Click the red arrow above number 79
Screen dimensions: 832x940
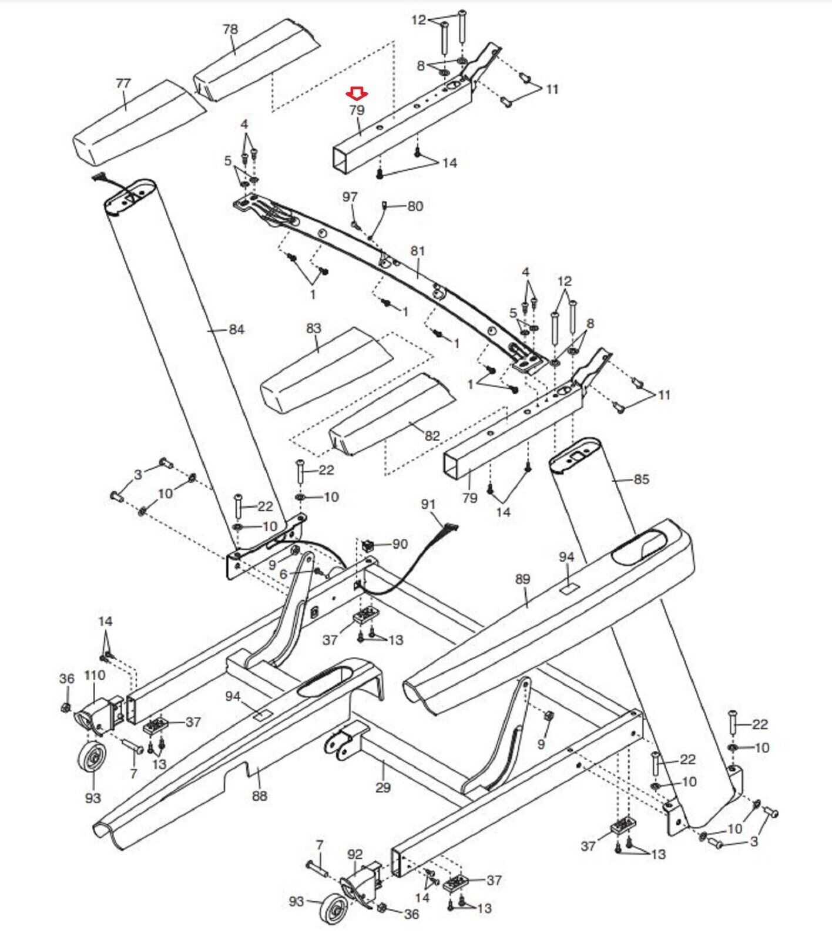click(x=357, y=93)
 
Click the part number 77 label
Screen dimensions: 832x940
click(x=123, y=83)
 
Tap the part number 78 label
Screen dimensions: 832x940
click(x=230, y=29)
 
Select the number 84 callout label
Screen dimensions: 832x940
click(x=236, y=330)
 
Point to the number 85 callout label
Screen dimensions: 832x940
click(x=641, y=479)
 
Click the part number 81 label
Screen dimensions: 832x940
click(x=417, y=251)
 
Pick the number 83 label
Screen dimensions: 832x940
click(x=314, y=328)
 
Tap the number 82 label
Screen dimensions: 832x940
click(x=432, y=436)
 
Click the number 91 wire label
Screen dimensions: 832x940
click(x=429, y=504)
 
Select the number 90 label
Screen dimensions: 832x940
click(x=400, y=544)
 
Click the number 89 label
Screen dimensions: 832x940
click(x=522, y=579)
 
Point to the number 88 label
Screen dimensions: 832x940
click(x=259, y=795)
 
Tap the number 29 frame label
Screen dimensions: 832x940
click(x=383, y=787)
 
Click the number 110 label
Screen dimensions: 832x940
click(x=95, y=675)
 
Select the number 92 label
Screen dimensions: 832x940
click(x=355, y=854)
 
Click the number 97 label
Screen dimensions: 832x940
click(x=350, y=196)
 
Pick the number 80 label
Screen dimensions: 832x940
click(x=415, y=206)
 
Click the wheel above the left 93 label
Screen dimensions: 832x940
click(x=92, y=762)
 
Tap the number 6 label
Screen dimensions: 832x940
click(x=283, y=574)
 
